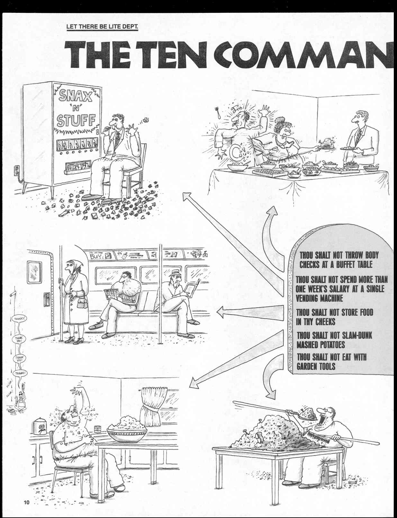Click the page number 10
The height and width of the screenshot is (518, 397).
pos(26,502)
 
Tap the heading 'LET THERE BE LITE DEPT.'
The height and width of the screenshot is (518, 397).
pos(102,26)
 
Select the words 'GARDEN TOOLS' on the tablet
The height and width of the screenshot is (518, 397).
pos(316,366)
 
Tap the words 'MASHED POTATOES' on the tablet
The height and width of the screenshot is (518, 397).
pos(320,345)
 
